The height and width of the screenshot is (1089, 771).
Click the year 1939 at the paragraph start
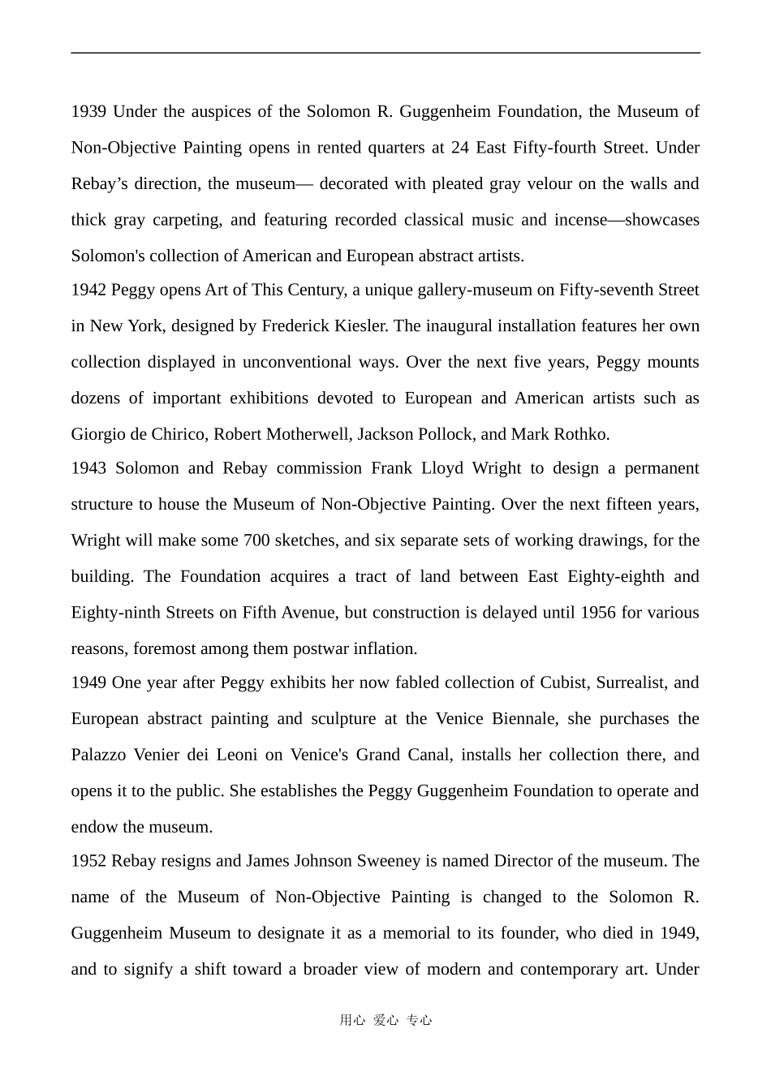88,111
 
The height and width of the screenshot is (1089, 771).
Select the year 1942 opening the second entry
88,290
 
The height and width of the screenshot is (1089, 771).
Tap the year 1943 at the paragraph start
88,468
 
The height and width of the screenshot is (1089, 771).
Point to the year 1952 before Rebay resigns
88,861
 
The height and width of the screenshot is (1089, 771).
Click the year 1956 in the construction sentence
599,613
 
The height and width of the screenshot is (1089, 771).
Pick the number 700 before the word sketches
256,540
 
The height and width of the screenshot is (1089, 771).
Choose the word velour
549,183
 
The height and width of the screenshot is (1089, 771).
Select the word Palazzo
98,755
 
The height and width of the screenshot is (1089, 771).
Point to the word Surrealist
631,682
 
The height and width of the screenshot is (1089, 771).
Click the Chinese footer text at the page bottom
385,1021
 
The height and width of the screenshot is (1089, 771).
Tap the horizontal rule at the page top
385,53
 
